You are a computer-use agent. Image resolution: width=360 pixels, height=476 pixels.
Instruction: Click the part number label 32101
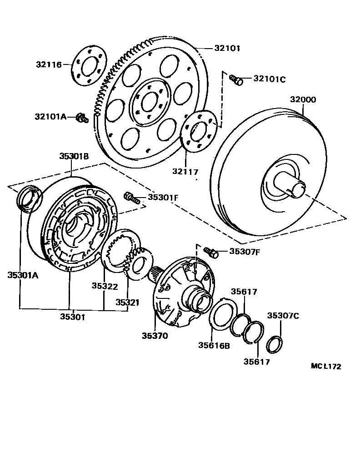pos(227,48)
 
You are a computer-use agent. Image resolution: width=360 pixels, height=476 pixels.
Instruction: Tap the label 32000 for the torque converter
pos(303,99)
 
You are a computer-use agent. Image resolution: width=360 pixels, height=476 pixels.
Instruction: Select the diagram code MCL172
pos(326,367)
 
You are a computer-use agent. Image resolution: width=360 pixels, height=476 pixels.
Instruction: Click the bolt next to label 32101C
pos(236,80)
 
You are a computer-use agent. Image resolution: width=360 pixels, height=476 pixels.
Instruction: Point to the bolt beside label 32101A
pos(81,118)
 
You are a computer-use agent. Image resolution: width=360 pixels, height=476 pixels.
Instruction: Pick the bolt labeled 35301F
pos(130,198)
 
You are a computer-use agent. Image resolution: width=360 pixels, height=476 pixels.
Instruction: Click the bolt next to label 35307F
pos(211,252)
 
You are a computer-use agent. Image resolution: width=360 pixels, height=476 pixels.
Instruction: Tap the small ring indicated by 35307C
pos(275,344)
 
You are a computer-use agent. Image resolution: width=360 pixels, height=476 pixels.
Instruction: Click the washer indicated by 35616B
pos(221,315)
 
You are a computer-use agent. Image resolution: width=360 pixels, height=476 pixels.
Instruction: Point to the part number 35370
pos(155,336)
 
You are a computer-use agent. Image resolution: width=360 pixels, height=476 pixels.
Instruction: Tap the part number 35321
pos(128,302)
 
